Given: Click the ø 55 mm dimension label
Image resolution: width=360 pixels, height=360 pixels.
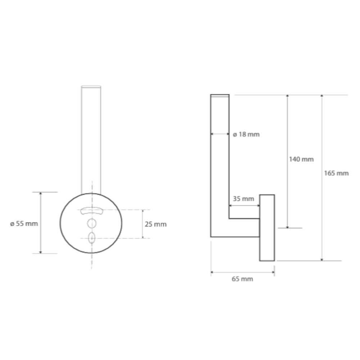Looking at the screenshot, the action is tap(24, 224).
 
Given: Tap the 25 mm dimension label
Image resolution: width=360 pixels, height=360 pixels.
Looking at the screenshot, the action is tap(156, 224).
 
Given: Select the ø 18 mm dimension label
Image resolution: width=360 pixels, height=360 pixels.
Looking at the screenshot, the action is tap(246, 134).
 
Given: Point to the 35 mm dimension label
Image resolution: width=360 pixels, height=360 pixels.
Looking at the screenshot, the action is tap(244, 199).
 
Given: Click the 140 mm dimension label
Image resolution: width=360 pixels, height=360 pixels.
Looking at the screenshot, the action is tap(301, 159).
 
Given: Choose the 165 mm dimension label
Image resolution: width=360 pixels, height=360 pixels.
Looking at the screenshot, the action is tap(336, 173).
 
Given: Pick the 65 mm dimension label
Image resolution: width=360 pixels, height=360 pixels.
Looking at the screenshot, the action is tap(242, 279).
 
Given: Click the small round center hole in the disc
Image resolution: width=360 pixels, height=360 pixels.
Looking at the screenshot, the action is tap(92, 224).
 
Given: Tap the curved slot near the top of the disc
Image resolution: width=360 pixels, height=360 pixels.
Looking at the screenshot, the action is tap(92, 211).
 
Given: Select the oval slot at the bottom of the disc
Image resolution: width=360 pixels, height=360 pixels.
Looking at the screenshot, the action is tap(91, 238).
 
